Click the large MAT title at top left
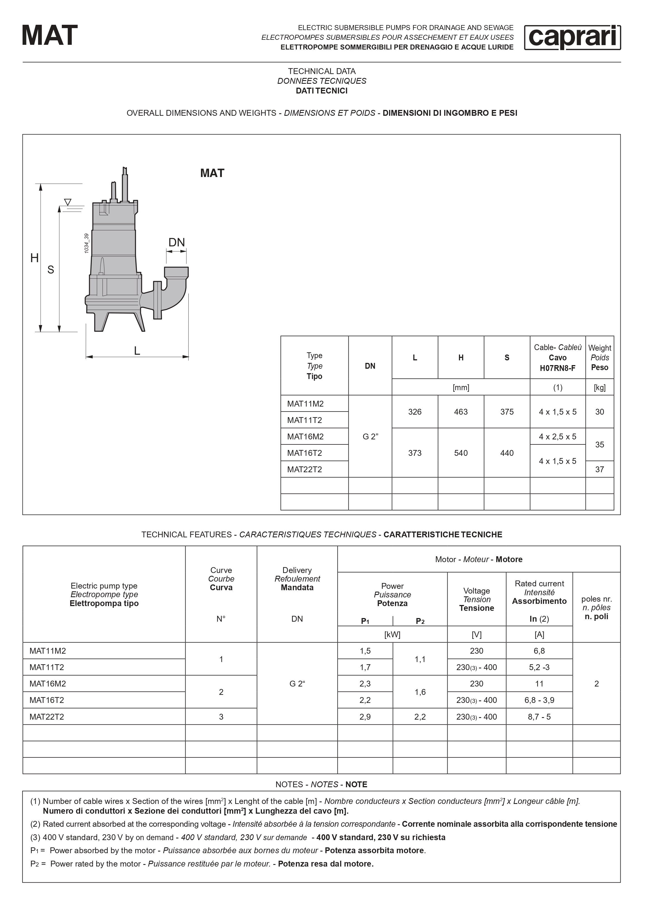click(50, 36)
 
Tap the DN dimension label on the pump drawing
click(176, 242)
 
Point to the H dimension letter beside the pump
click(35, 258)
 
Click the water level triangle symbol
click(68, 202)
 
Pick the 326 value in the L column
click(415, 412)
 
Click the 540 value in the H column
click(461, 453)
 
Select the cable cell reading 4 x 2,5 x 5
click(557, 436)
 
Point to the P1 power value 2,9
click(365, 717)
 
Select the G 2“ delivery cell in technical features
click(297, 684)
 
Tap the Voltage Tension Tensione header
click(476, 599)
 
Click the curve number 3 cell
click(221, 717)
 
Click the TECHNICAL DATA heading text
click(321, 71)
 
